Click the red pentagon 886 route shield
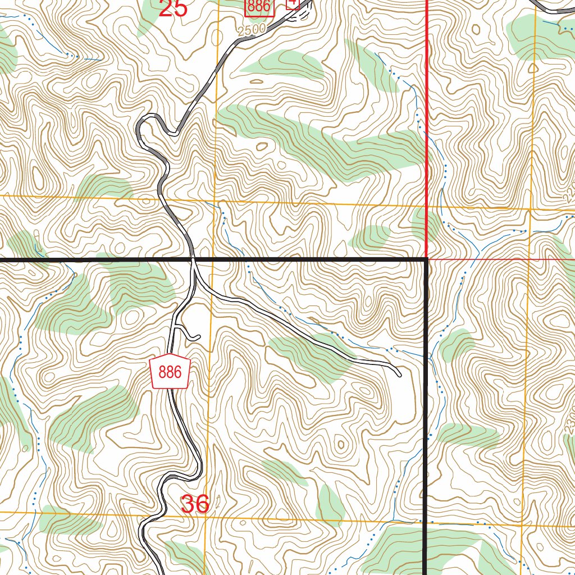click(171, 372)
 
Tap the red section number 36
click(195, 504)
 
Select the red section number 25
click(172, 8)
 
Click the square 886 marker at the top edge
click(259, 7)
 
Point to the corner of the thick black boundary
click(425, 260)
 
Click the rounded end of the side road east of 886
click(398, 372)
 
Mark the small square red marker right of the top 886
click(293, 4)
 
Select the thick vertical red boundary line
click(427, 112)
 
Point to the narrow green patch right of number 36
click(330, 504)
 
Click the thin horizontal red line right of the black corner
click(500, 260)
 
